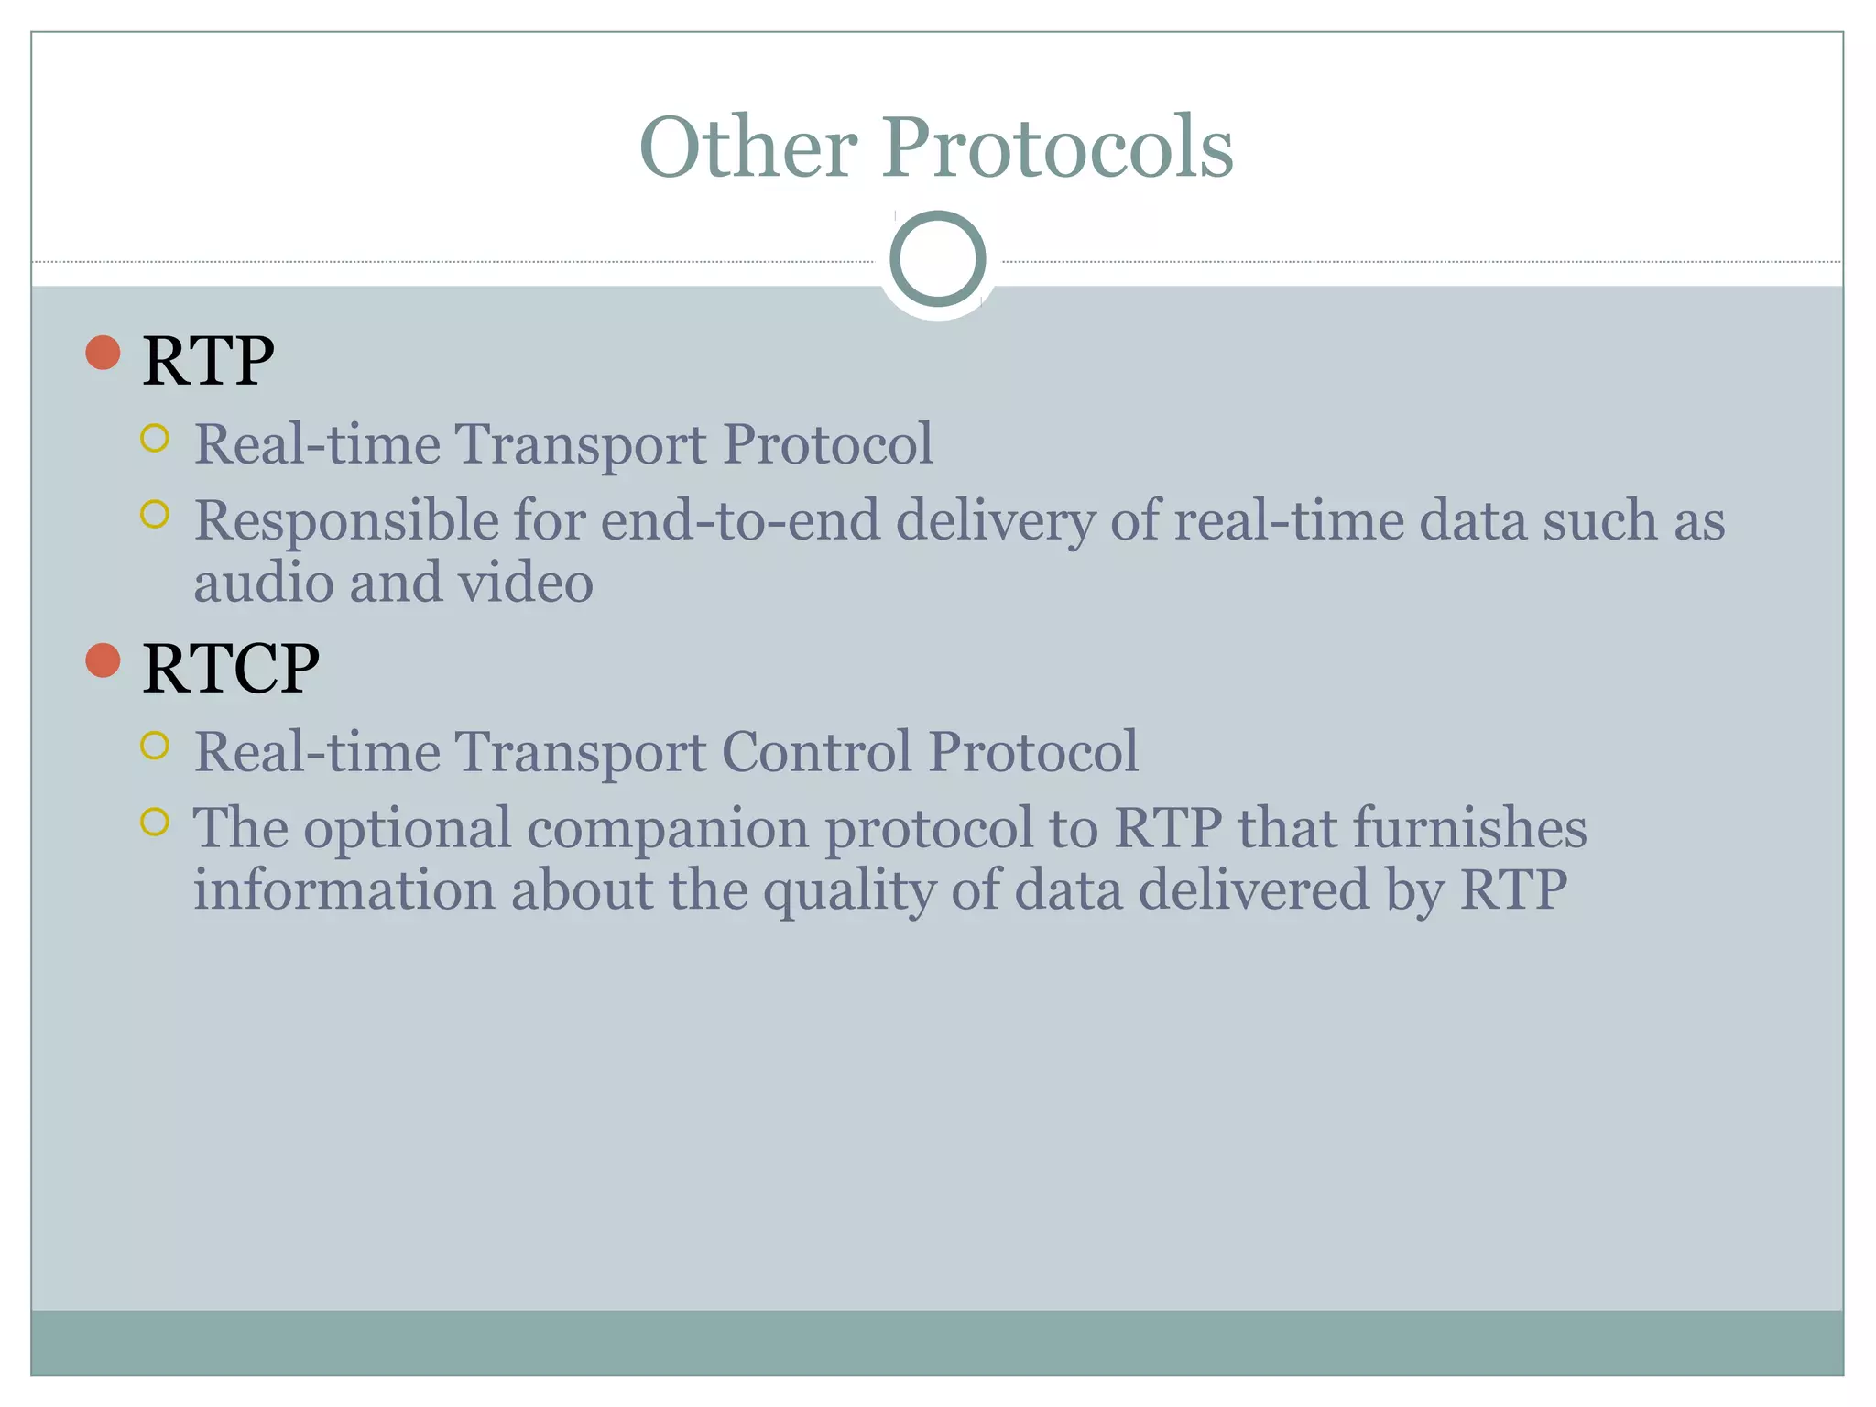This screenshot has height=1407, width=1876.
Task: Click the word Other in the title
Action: (747, 147)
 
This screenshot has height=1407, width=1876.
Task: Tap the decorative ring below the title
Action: (937, 258)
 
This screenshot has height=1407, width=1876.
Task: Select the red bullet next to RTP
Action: (103, 353)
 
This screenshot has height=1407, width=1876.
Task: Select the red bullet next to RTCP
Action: (103, 660)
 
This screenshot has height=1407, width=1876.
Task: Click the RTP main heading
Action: (208, 361)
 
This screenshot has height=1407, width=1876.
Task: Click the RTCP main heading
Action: (231, 669)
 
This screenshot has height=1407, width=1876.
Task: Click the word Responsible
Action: (345, 521)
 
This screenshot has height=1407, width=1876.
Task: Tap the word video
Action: (526, 583)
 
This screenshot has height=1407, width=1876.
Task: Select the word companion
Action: (668, 829)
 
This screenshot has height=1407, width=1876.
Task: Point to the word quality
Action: (848, 891)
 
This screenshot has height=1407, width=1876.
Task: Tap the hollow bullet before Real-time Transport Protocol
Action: (155, 438)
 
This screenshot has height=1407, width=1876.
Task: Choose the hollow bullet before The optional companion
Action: (155, 822)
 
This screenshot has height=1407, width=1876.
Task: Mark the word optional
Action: (407, 829)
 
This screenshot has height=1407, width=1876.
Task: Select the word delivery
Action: (995, 521)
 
